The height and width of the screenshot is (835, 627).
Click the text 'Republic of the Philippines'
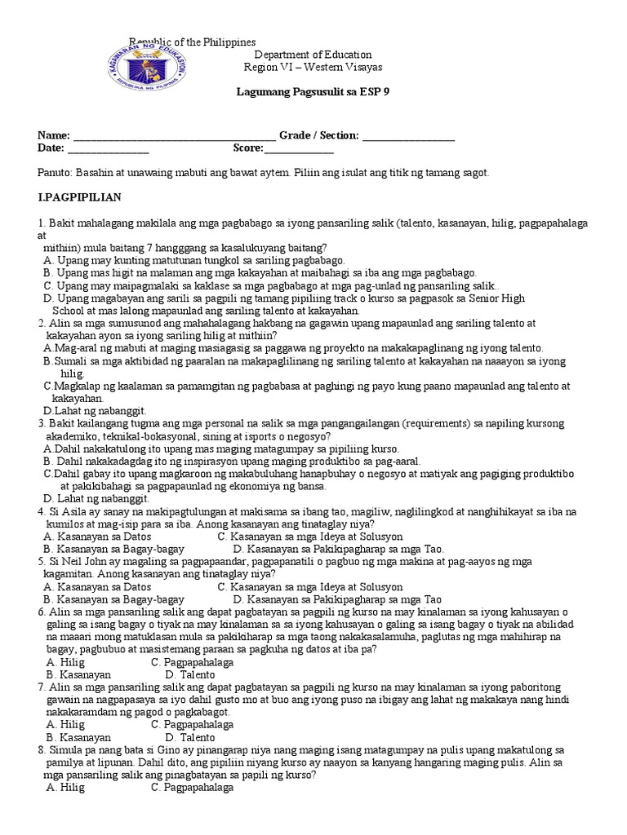point(193,42)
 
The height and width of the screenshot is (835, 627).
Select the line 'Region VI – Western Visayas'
point(313,67)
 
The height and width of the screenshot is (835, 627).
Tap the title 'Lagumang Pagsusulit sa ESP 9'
point(313,92)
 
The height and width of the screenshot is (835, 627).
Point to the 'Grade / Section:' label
point(319,135)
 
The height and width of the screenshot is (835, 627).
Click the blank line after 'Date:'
point(108,148)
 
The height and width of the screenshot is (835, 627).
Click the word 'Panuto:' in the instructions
point(56,173)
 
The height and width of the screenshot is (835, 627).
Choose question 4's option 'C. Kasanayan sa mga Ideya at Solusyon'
point(310,537)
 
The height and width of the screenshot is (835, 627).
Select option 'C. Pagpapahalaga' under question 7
point(192,724)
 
